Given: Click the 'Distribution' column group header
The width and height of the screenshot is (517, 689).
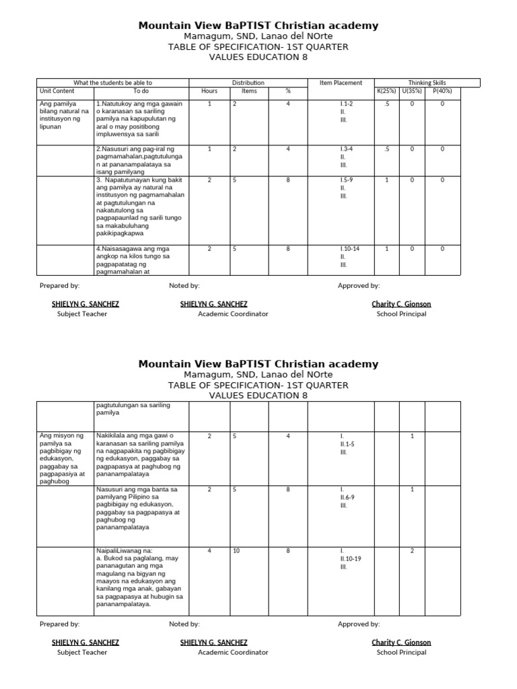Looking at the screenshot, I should (x=248, y=83).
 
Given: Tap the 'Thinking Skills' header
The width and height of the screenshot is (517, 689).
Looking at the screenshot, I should (x=427, y=83).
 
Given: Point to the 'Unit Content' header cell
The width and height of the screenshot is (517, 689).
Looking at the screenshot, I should (x=57, y=91).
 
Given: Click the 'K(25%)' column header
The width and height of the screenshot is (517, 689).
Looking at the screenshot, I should (x=386, y=91).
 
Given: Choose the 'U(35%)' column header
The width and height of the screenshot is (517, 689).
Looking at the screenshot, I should (x=413, y=91).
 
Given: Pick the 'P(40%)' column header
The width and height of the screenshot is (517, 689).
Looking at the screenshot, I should (x=442, y=91).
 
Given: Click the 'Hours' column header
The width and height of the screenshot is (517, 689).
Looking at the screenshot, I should (x=209, y=91).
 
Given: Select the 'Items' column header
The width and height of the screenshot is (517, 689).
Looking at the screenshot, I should (x=249, y=91).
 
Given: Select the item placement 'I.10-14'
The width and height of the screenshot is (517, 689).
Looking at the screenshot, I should (x=350, y=249).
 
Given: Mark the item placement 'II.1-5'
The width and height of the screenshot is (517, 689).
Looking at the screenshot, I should (x=348, y=444).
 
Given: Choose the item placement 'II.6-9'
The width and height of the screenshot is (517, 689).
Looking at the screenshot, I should (x=348, y=497).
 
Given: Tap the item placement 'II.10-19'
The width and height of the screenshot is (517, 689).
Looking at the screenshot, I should (x=351, y=558).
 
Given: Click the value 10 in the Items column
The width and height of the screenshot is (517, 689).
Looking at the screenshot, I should (x=236, y=551).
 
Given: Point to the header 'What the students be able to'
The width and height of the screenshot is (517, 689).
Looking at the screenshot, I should (x=112, y=83).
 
